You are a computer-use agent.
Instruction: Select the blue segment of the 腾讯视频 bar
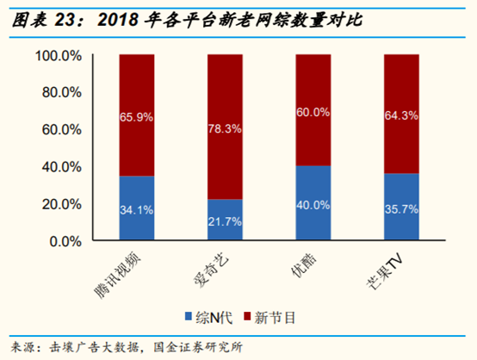(137, 209)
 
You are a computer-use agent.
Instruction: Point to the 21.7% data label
(225, 222)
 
